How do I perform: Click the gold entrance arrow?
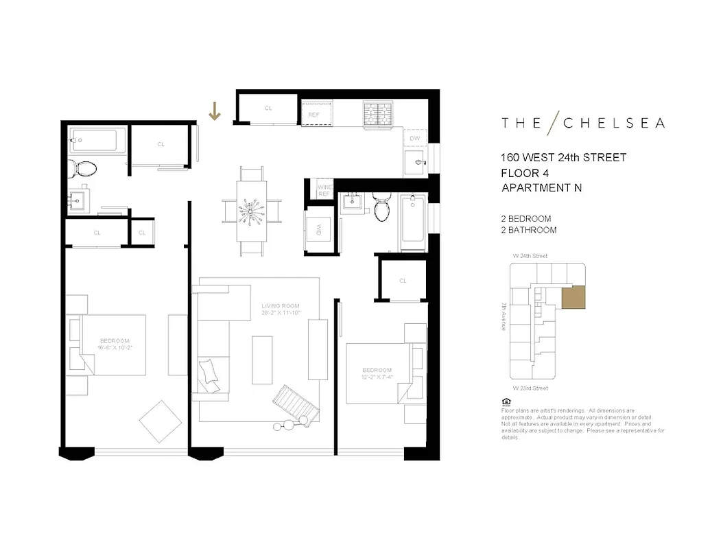pos(215,110)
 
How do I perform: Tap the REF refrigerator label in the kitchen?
pos(313,115)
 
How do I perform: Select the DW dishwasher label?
pos(414,138)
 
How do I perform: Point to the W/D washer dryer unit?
pos(319,229)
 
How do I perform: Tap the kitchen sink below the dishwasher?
pos(415,163)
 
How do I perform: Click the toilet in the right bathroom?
pos(381,208)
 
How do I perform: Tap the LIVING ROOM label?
pos(280,306)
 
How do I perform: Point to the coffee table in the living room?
pos(262,360)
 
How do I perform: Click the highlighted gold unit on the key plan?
pos(573,299)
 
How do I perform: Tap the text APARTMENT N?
pos(541,188)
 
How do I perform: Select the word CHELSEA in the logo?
pos(614,124)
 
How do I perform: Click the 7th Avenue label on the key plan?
pos(504,317)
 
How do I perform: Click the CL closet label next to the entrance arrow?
pos(268,108)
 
